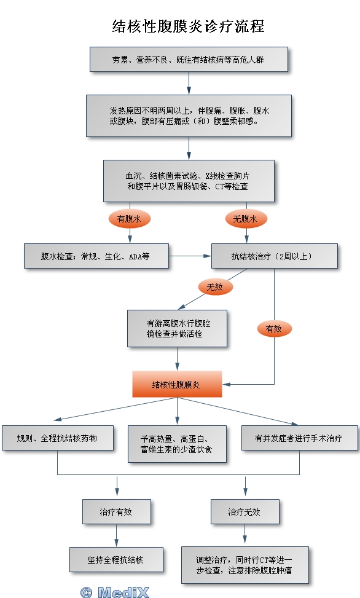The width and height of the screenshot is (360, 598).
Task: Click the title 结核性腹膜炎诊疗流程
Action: point(188,26)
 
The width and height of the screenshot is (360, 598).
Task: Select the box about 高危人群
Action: point(189,60)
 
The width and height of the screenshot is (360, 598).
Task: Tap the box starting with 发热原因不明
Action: point(189,116)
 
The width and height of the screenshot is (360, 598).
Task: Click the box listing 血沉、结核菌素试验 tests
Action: point(189,181)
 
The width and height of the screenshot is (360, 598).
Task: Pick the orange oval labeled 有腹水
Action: point(130,219)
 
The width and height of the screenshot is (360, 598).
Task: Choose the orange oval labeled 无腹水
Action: point(246,219)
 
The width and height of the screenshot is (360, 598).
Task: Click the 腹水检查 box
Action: point(96,256)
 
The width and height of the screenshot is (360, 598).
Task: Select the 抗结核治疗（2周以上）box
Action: point(275,256)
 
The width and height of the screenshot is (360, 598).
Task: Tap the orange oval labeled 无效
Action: point(216,287)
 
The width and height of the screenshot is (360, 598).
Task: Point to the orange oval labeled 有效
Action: point(275,329)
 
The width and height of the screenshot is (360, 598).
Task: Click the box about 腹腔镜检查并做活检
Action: point(178,328)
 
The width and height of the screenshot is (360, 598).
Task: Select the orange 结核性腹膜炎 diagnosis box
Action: point(178,385)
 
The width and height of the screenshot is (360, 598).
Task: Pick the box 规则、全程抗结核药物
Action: point(58,438)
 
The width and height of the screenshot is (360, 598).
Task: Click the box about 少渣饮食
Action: point(178,444)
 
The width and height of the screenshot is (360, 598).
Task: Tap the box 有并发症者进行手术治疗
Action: point(300,438)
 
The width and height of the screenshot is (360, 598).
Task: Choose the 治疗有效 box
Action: point(117,512)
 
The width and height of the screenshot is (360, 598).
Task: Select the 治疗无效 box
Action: point(245,512)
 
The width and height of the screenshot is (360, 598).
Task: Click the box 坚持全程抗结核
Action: point(116,559)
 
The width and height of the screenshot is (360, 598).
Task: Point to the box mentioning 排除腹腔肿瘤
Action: point(245,565)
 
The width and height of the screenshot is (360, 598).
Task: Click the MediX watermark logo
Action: point(115,592)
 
